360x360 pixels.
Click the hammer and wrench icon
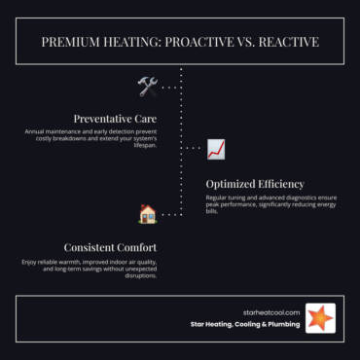pyautogui.click(x=148, y=87)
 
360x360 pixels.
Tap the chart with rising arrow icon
pyautogui.click(x=216, y=149)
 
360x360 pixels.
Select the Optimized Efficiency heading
pyautogui.click(x=255, y=183)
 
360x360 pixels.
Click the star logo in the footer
pyautogui.click(x=320, y=317)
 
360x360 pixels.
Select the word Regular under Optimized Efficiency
pyautogui.click(x=219, y=197)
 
